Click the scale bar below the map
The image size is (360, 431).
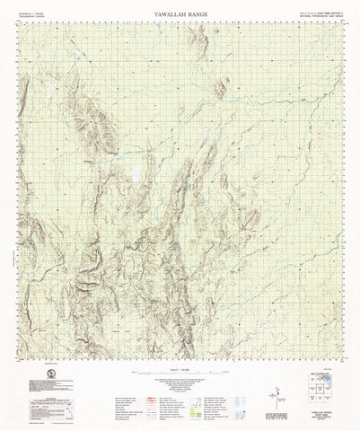click(x=180, y=371)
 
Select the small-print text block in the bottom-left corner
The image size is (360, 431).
click(x=40, y=401)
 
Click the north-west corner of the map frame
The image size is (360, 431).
click(x=21, y=22)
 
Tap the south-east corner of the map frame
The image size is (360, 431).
click(x=340, y=356)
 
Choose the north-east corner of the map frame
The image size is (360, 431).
click(x=340, y=22)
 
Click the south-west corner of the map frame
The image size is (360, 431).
click(x=21, y=356)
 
